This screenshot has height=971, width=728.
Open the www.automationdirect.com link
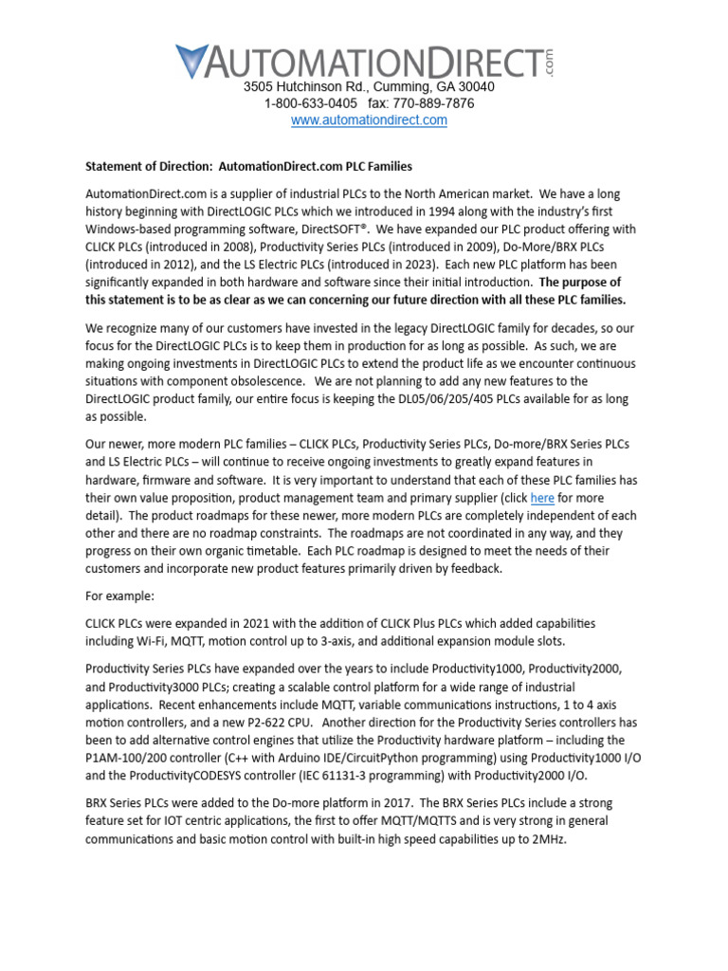tap(369, 120)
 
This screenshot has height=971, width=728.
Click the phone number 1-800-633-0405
tap(311, 103)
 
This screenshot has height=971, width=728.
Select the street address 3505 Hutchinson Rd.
tap(304, 86)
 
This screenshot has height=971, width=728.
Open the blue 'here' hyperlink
tap(542, 498)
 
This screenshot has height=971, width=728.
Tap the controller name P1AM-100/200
tap(130, 758)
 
